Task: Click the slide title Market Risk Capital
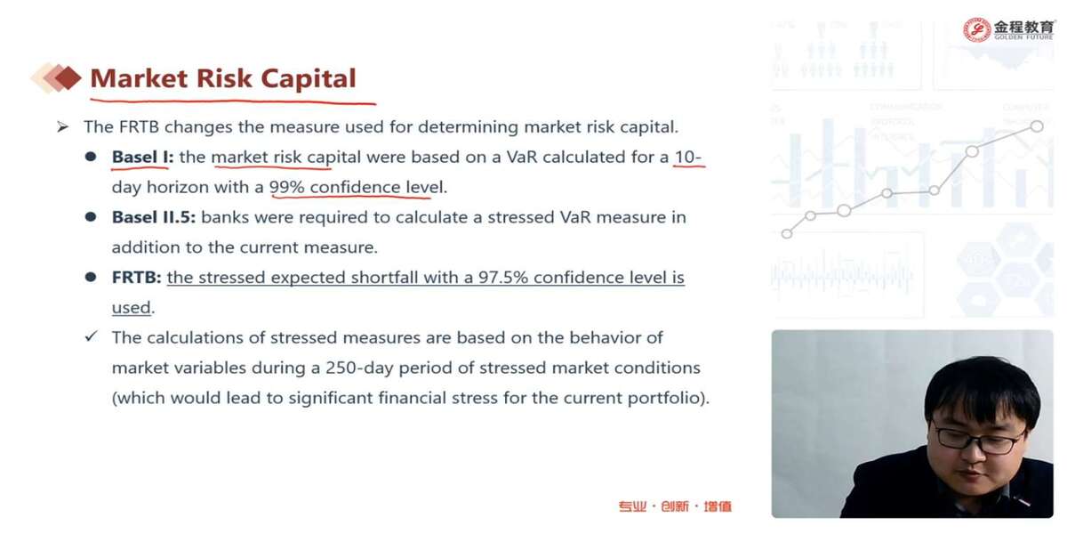click(x=223, y=78)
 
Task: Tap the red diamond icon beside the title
click(x=68, y=77)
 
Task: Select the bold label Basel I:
click(x=142, y=157)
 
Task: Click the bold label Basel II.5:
click(x=153, y=217)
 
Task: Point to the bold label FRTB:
click(x=136, y=278)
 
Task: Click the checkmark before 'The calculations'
click(x=91, y=336)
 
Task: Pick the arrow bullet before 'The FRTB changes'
click(x=62, y=126)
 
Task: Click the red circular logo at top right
click(x=976, y=30)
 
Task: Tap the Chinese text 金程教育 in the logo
click(x=1023, y=27)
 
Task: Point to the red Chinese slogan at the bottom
click(x=675, y=506)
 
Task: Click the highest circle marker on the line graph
click(x=1037, y=126)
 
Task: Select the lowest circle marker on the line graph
click(x=787, y=233)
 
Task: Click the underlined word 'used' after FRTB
click(x=131, y=308)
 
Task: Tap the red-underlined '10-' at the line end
click(x=688, y=157)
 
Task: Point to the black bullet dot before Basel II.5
click(x=91, y=217)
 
